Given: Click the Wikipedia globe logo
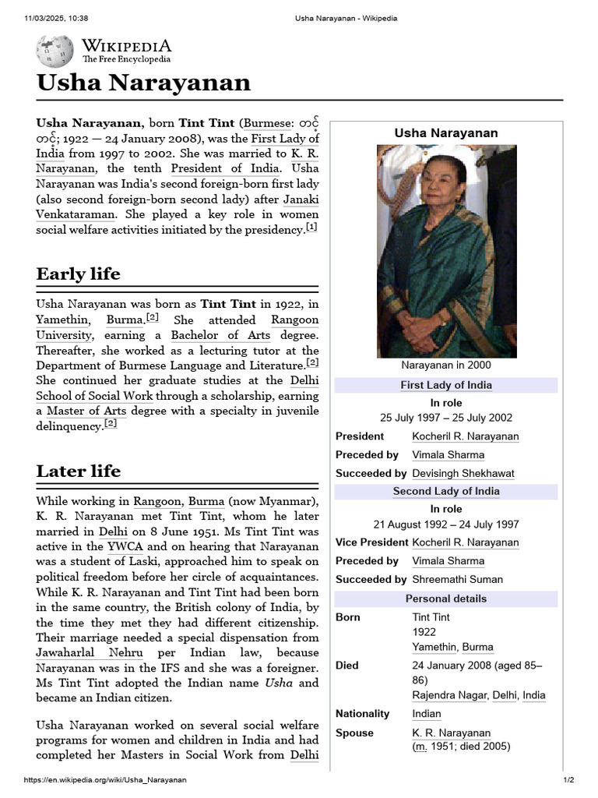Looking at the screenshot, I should (x=55, y=51).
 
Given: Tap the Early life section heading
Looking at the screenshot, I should (x=79, y=274).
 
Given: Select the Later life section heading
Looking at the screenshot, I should (x=79, y=471).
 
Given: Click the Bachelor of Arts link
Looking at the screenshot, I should (x=220, y=335).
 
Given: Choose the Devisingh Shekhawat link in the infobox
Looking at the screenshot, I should (x=463, y=473).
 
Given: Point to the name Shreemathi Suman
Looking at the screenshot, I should (x=457, y=579).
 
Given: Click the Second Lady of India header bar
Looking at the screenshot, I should (x=445, y=491).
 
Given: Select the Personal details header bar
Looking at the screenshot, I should (x=445, y=598).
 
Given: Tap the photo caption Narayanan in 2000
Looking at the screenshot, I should (x=445, y=365).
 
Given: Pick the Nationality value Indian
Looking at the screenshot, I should (x=426, y=714).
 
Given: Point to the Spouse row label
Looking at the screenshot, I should (x=354, y=733).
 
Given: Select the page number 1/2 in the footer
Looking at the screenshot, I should (x=568, y=780).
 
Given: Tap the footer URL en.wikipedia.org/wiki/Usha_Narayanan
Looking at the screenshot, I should (x=105, y=780).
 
